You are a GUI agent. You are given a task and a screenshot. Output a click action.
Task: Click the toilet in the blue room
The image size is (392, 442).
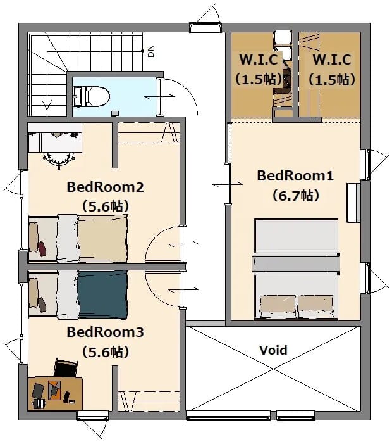[92, 96]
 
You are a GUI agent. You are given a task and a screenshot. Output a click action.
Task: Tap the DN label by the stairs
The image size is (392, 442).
[151, 51]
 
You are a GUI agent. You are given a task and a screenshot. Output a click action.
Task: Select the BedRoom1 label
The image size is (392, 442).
[295, 175]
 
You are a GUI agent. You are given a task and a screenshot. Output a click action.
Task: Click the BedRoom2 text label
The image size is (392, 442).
[105, 187]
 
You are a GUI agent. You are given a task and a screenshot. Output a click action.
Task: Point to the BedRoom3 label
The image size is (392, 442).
[105, 332]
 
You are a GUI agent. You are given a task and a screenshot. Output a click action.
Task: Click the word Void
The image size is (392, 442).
[274, 350]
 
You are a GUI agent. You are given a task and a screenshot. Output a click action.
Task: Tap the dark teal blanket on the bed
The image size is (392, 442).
[102, 294]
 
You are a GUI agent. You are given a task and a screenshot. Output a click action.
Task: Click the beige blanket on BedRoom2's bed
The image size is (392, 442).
[102, 239]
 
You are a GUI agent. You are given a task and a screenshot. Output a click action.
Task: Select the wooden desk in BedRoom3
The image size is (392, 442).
[55, 394]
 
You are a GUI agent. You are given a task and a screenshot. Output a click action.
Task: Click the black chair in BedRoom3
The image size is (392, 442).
[66, 367]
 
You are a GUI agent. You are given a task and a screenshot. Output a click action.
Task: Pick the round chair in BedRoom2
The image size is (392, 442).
[59, 160]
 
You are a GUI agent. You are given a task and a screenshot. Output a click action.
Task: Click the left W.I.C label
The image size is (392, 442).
[259, 60]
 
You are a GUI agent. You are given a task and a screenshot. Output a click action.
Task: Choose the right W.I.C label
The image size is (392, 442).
[332, 60]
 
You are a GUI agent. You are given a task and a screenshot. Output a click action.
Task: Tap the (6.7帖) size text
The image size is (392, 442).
[296, 195]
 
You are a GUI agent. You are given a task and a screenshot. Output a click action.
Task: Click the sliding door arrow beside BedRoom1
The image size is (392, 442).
[228, 184]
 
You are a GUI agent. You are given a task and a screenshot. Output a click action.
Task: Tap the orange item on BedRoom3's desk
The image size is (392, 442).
[54, 390]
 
